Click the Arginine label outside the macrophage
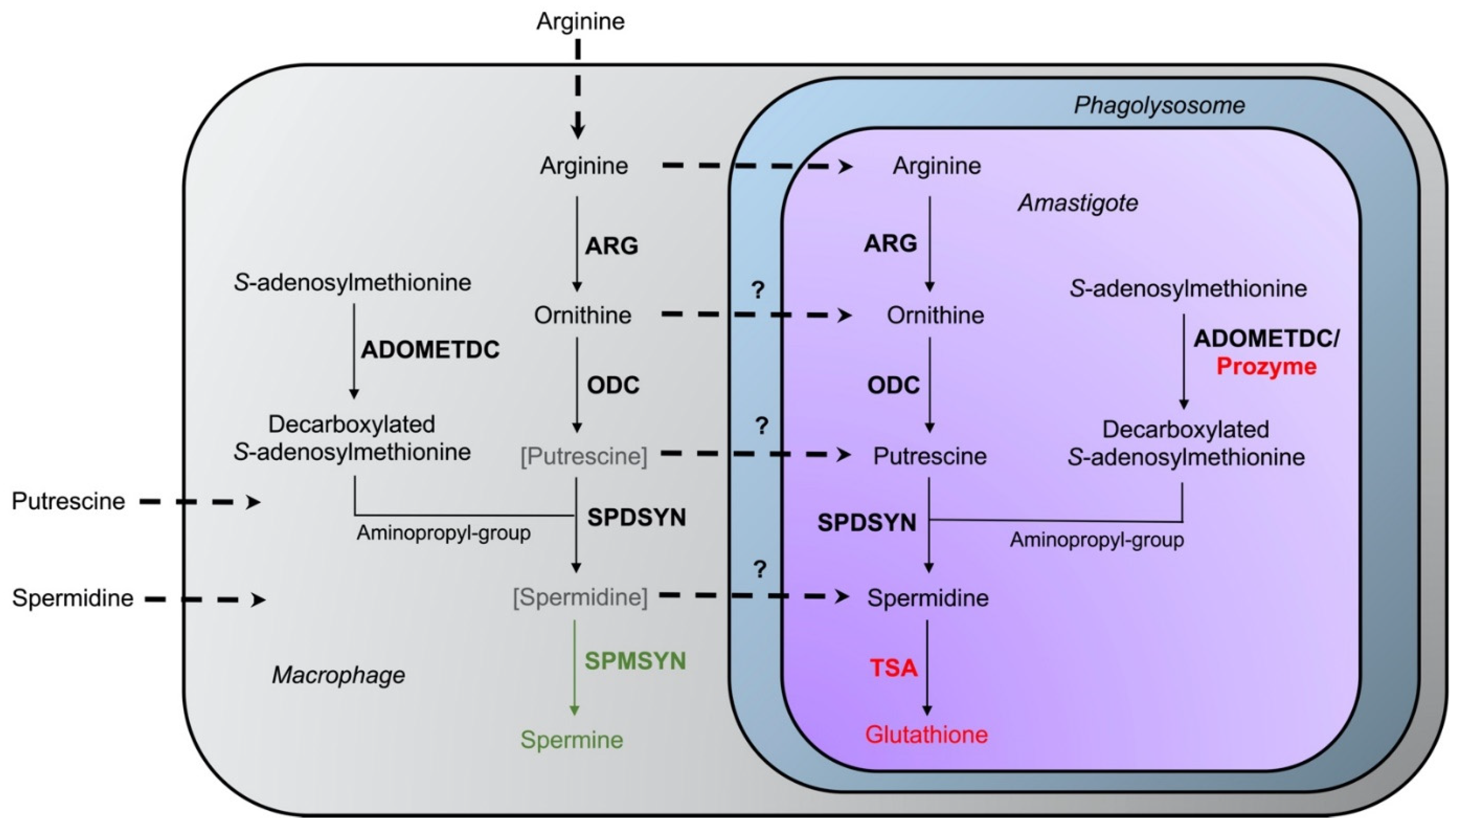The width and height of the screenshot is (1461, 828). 580,22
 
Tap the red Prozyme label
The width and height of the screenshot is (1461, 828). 1266,367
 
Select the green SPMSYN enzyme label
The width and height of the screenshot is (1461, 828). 635,661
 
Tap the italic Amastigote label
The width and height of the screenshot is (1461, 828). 1078,203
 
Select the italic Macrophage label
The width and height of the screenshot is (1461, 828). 338,675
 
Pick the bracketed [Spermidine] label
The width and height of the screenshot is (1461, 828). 580,597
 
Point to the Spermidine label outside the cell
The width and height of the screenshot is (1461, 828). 73,598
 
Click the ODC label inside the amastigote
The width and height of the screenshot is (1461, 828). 893,386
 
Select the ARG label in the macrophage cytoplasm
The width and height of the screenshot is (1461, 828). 612,246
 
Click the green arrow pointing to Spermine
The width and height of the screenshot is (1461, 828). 574,668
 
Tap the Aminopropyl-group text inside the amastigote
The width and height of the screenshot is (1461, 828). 1097,540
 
